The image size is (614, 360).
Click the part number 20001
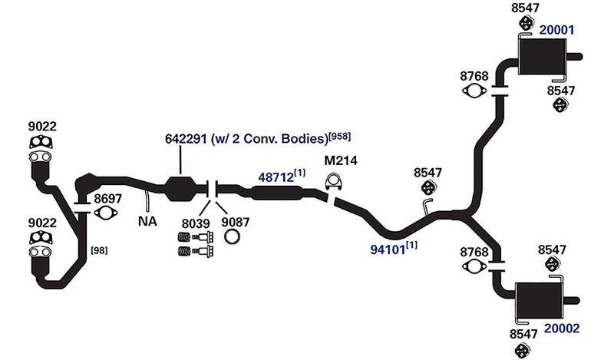(x=556, y=30)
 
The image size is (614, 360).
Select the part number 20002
(x=562, y=329)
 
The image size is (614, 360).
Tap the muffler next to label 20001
(x=543, y=57)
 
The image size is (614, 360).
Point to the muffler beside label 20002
(x=540, y=300)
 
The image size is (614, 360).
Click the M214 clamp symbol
(x=334, y=182)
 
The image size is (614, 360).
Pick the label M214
(x=341, y=160)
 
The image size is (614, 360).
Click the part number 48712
(x=276, y=177)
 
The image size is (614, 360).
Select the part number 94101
(x=388, y=249)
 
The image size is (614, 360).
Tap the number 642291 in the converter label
(x=186, y=139)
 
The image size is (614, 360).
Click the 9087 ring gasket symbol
(x=232, y=236)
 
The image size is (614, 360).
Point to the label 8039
(x=196, y=223)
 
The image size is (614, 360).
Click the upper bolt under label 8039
(x=196, y=237)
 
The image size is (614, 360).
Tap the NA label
(x=147, y=221)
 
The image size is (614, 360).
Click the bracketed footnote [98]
(x=99, y=250)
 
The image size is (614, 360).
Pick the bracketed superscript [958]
(x=340, y=137)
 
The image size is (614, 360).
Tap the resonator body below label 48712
(x=276, y=193)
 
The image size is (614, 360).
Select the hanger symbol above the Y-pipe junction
(x=428, y=187)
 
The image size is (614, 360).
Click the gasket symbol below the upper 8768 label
(x=474, y=91)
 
